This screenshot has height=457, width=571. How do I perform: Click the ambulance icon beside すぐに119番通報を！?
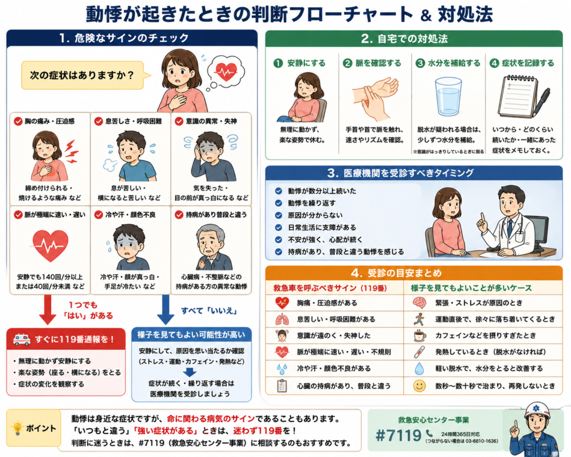click(x=22, y=340)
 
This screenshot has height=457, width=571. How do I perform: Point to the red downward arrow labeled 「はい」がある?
click(x=47, y=310)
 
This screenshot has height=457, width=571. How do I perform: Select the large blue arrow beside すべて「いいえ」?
click(x=165, y=310)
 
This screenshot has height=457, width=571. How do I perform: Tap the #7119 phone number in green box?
click(x=398, y=435)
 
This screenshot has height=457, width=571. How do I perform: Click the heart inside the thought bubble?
click(x=226, y=71)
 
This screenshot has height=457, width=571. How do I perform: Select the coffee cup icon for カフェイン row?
click(x=420, y=335)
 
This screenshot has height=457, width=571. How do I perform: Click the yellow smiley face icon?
click(x=419, y=386)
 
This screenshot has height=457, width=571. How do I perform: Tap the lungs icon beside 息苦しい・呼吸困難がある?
click(x=282, y=319)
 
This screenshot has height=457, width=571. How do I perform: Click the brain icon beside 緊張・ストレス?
click(x=419, y=302)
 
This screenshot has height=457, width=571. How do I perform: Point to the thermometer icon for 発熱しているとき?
click(x=419, y=352)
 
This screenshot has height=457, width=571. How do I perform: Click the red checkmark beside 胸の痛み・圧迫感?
click(x=18, y=121)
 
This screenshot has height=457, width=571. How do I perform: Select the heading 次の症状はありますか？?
click(x=82, y=75)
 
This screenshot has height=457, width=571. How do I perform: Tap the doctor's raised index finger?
click(x=482, y=217)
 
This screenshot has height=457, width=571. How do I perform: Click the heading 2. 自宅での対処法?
click(x=404, y=39)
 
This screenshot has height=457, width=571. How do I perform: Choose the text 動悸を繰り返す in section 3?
click(x=312, y=203)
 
